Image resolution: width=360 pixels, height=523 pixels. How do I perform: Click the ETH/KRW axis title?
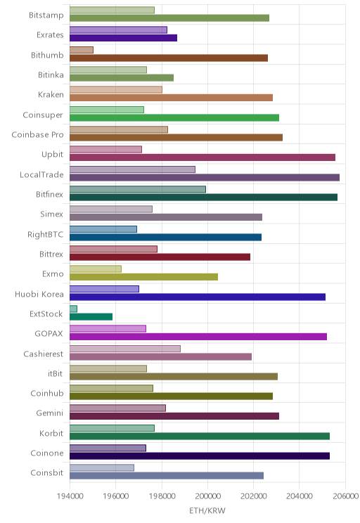click(207, 510)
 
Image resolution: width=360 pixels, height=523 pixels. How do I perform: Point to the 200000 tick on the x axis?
click(207, 496)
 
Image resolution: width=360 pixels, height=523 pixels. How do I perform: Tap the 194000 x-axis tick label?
click(70, 496)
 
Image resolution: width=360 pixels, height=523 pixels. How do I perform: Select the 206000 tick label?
click(345, 496)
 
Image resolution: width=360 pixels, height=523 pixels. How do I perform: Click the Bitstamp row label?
click(46, 15)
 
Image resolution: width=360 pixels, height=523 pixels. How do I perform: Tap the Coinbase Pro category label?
click(37, 134)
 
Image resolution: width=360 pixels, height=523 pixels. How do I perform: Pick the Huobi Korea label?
click(39, 294)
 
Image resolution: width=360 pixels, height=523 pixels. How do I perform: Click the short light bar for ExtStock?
click(73, 309)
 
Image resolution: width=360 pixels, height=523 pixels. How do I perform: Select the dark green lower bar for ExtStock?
click(91, 316)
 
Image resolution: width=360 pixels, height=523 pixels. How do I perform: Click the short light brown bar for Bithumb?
click(82, 50)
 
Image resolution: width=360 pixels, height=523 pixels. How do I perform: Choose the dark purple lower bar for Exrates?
click(124, 38)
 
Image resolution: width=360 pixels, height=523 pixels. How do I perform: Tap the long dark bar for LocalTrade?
click(205, 177)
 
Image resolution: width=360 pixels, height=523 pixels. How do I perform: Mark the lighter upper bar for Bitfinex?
click(138, 190)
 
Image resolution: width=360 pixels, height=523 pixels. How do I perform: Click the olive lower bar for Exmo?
click(144, 277)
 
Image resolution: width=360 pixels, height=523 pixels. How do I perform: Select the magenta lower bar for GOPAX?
click(198, 337)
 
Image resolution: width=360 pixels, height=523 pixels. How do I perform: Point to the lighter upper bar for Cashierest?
click(125, 349)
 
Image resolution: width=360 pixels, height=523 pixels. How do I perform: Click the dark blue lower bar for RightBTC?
click(165, 237)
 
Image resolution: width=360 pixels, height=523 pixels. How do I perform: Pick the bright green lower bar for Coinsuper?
click(174, 117)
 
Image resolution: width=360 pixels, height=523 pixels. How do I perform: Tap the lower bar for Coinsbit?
click(167, 476)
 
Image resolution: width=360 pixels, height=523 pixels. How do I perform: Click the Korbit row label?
click(51, 433)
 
